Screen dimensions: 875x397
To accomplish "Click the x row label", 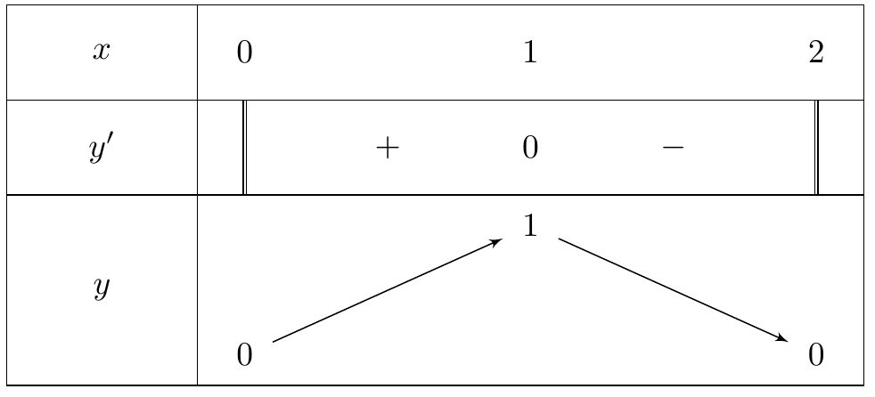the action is point(101,52).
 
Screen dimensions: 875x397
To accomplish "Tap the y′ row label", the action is point(101,149).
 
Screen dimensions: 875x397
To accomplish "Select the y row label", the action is point(101,288).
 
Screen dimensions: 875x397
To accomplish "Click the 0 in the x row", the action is point(244,53).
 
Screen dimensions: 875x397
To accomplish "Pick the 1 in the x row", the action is point(530,53).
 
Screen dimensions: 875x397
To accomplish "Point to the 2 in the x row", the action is point(816,53).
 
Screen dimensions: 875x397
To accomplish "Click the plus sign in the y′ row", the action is point(388,148).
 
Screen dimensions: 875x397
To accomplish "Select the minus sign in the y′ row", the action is point(673,147).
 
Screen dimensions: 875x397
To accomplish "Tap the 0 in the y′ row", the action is point(530,148).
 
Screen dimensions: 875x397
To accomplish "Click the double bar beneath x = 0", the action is point(244,148).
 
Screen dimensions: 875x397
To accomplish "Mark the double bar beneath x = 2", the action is point(816,148).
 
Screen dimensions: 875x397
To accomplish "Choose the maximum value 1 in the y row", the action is point(530,226).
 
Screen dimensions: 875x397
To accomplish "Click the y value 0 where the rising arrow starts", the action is point(244,354).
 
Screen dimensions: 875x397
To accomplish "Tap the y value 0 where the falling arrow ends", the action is point(816,354).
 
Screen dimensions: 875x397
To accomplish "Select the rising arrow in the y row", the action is point(388,290).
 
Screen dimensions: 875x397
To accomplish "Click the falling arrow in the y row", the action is point(673,289).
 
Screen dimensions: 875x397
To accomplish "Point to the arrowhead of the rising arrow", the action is point(500,240).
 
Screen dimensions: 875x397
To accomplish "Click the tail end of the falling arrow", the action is point(559,239).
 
